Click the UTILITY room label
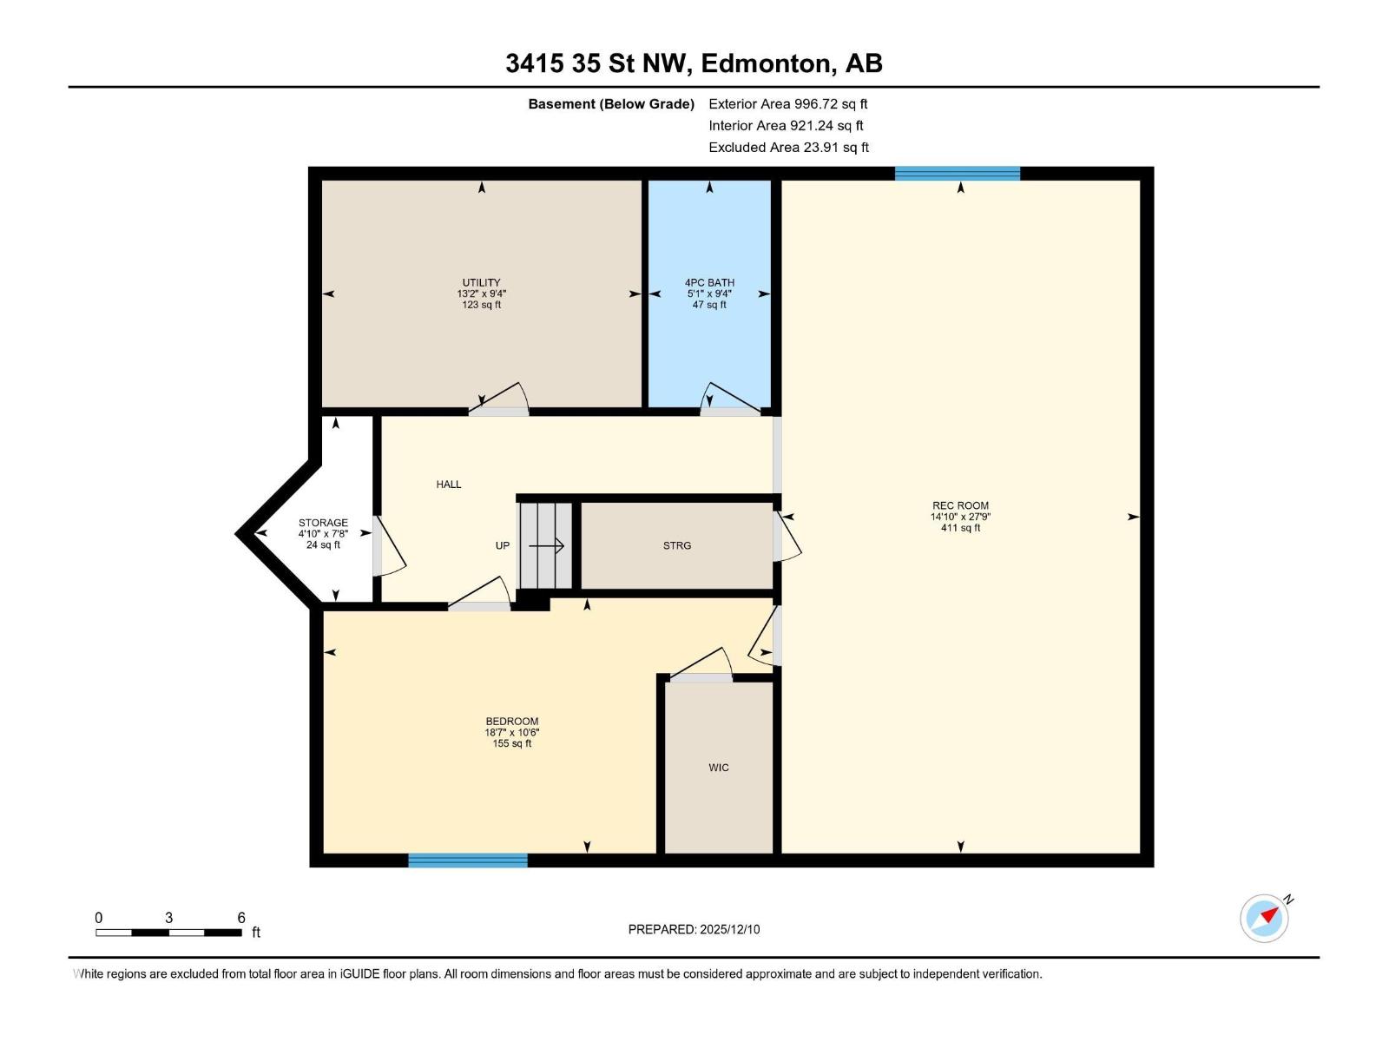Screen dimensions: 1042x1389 click(481, 283)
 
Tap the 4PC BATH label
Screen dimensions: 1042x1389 click(709, 283)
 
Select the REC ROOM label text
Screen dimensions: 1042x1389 click(960, 505)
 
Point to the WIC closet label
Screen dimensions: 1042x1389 click(719, 768)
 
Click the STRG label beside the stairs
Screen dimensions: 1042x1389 click(677, 545)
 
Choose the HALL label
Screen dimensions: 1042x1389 click(449, 485)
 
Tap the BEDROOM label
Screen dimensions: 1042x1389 click(511, 722)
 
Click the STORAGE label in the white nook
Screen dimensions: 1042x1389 click(323, 524)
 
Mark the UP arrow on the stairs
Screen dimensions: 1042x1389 click(547, 546)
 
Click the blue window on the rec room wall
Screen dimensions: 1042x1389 click(957, 174)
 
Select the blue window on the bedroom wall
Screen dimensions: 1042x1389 click(468, 861)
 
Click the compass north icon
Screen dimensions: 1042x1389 click(1264, 918)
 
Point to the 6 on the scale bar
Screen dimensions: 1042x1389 click(241, 918)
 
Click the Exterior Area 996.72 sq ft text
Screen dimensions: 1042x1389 click(787, 104)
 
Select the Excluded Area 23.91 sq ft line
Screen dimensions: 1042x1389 click(787, 148)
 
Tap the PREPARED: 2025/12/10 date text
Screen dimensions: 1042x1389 click(694, 929)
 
